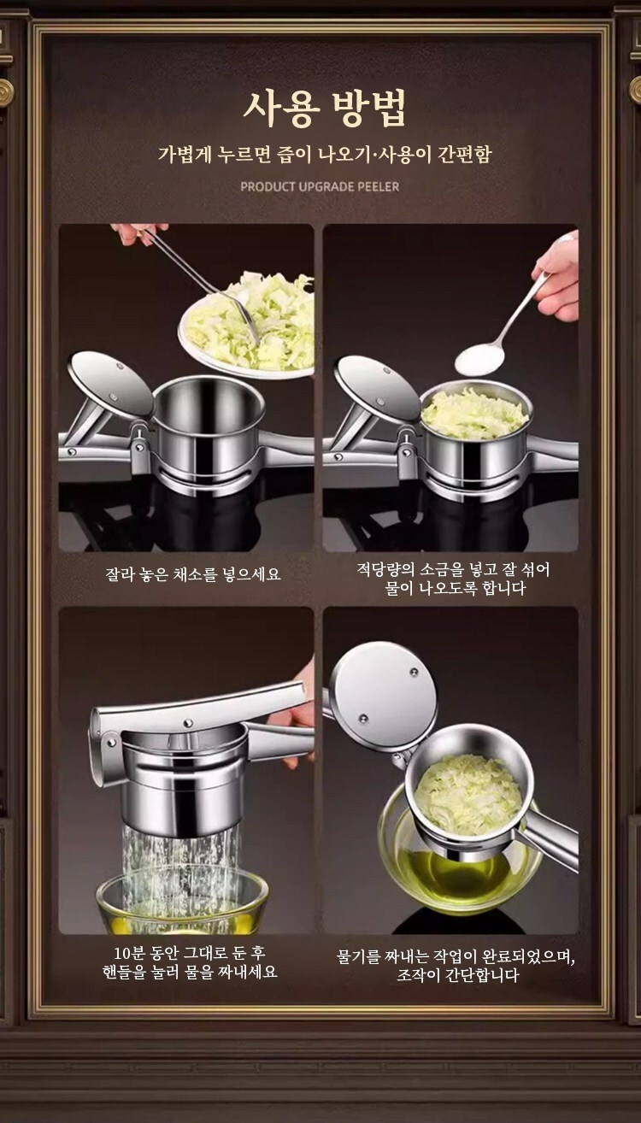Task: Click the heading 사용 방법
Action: tap(324, 109)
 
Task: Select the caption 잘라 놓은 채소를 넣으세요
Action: tap(192, 574)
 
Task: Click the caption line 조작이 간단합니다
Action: tap(457, 975)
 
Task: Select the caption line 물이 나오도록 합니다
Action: tap(454, 589)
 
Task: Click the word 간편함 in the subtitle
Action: tap(461, 156)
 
